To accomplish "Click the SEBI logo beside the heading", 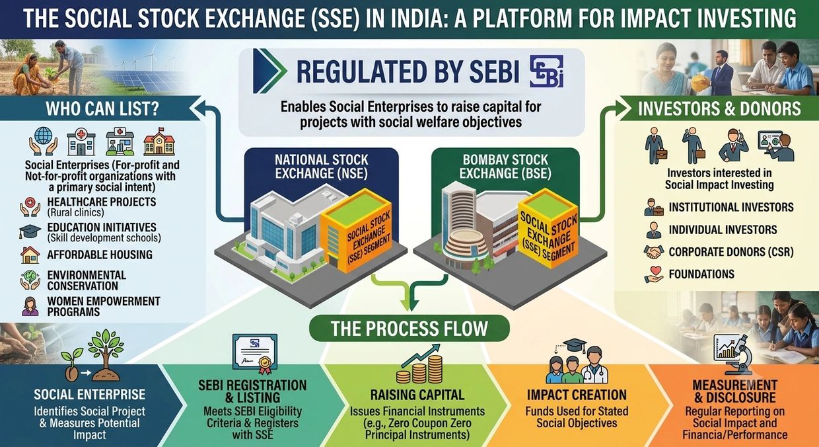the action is (x=546, y=71).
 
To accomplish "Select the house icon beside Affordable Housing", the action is (x=30, y=255).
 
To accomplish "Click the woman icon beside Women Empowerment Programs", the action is (x=30, y=306).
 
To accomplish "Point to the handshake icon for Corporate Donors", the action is (x=653, y=252).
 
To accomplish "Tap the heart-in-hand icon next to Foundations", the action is (x=654, y=274).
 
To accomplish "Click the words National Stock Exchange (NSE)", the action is (x=322, y=167).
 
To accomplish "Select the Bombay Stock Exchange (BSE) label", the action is (x=505, y=167).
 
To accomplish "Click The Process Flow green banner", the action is (x=409, y=328).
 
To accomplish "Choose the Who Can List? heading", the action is (x=102, y=109).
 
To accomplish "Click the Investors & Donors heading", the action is (x=719, y=108).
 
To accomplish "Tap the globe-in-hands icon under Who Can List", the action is (x=43, y=141).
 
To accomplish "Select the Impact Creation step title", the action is (x=577, y=395).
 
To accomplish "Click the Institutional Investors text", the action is (x=731, y=207).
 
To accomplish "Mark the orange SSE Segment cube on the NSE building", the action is (x=356, y=230).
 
